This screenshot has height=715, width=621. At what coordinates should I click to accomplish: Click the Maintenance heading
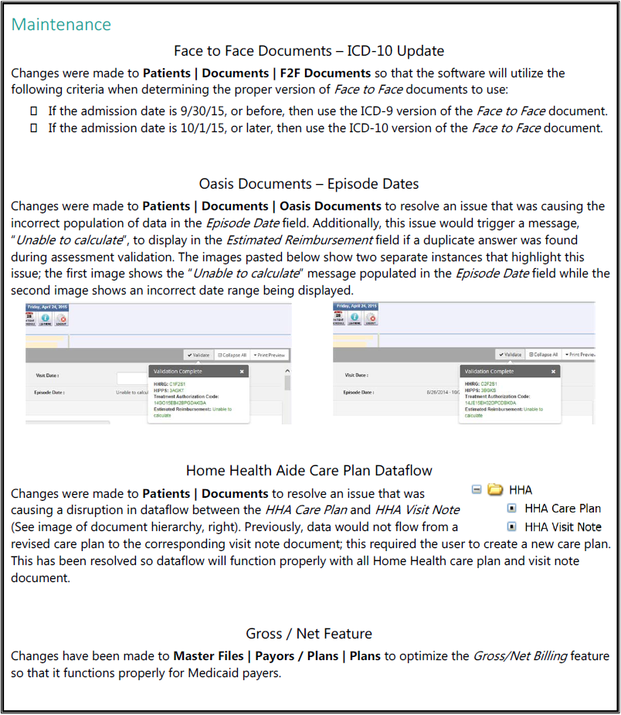click(61, 24)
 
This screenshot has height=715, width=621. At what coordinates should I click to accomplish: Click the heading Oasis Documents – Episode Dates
click(309, 184)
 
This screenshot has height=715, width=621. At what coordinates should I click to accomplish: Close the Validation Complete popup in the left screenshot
click(242, 372)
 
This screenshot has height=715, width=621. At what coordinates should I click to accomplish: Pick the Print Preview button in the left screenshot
click(271, 355)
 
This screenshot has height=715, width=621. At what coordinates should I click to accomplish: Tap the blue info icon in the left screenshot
click(46, 317)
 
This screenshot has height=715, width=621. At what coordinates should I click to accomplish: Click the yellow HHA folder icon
click(495, 489)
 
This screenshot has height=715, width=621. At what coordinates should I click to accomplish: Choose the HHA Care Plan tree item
click(562, 509)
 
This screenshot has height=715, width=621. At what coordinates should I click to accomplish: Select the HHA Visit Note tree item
click(562, 527)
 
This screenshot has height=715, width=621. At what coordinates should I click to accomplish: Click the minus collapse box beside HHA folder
click(477, 489)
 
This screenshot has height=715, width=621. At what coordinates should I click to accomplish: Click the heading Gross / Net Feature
click(309, 634)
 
